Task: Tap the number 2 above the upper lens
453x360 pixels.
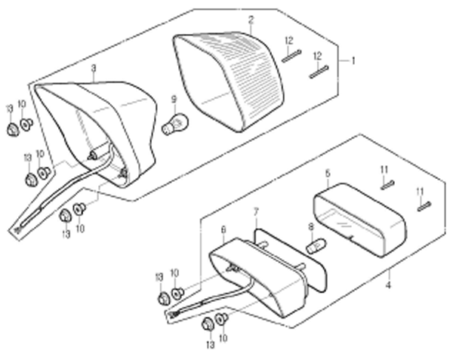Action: [x=251, y=19]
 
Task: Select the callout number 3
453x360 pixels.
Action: [x=93, y=68]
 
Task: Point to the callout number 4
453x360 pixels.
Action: [x=388, y=285]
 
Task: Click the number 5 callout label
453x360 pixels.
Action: [x=327, y=173]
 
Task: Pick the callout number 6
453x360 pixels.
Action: [x=223, y=229]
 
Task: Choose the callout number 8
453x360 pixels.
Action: [x=310, y=226]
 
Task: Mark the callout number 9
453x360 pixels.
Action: [x=174, y=99]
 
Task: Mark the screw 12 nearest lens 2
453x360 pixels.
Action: [x=292, y=54]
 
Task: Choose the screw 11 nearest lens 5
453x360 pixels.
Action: [x=388, y=184]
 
